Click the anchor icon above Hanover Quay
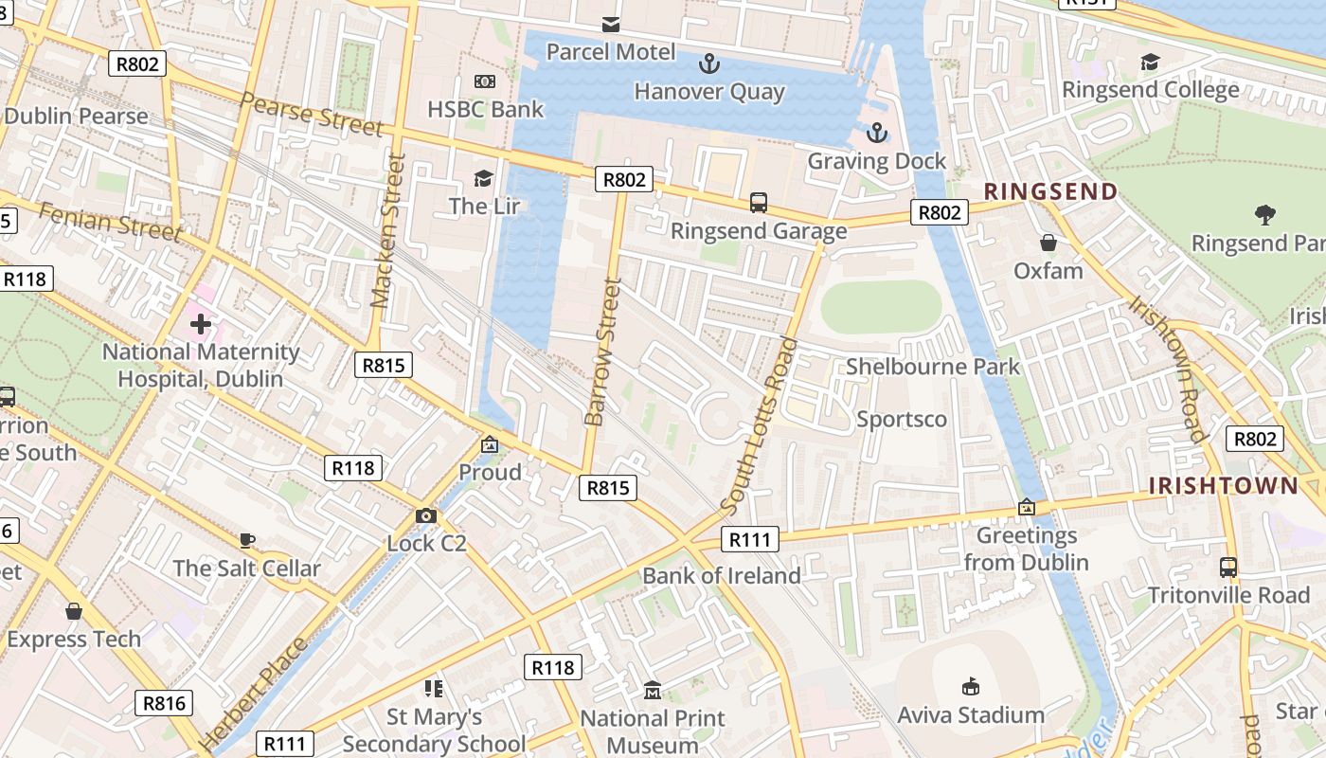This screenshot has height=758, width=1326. click(708, 64)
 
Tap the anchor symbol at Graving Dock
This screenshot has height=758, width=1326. click(876, 133)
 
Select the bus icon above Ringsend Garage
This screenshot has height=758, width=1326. click(759, 202)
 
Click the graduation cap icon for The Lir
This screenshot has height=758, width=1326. click(484, 178)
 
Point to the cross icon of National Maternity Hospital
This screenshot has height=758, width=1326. click(201, 324)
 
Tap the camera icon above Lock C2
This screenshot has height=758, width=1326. click(426, 515)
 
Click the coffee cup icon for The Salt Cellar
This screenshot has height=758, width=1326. click(247, 540)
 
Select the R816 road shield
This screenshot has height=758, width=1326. click(166, 702)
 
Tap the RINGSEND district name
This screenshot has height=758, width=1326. click(1050, 191)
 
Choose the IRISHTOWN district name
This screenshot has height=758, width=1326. click(1223, 486)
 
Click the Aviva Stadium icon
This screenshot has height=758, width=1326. click(970, 686)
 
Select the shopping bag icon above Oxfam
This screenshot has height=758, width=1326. click(1048, 243)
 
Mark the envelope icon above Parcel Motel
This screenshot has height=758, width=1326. click(611, 24)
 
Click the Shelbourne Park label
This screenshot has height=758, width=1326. click(933, 367)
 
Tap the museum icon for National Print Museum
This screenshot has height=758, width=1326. click(652, 690)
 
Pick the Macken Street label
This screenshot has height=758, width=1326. click(388, 232)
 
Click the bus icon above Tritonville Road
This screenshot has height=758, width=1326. click(1228, 567)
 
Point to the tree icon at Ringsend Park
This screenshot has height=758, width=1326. click(1264, 215)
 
